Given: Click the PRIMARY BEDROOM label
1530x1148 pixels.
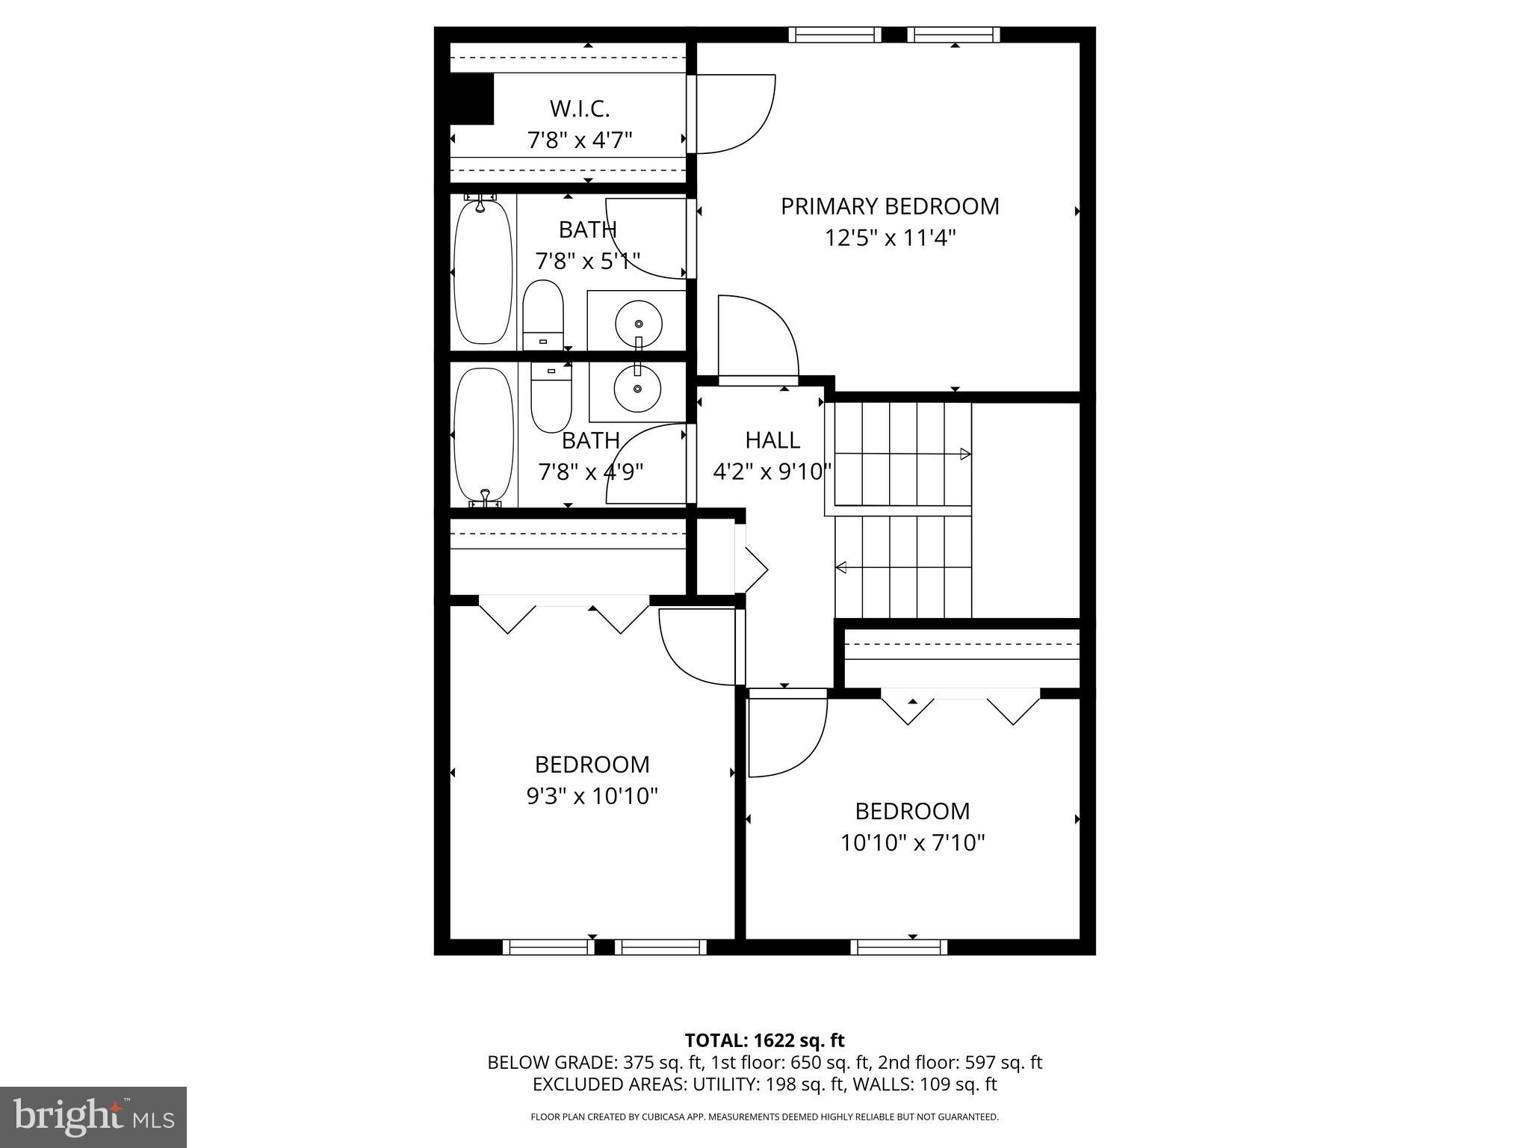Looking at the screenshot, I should tap(890, 206).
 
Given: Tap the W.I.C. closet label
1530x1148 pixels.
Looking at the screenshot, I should tap(580, 109).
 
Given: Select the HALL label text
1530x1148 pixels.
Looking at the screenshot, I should tap(772, 440).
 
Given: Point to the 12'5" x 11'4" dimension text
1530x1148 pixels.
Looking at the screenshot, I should tap(890, 238).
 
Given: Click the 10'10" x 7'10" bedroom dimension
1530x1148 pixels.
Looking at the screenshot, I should tap(912, 843).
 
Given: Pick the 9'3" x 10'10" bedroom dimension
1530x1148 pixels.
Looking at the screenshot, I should tap(592, 797).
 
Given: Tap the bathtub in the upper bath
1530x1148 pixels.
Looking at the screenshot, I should tap(483, 272).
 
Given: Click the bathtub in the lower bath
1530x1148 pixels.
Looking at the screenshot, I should tap(483, 433).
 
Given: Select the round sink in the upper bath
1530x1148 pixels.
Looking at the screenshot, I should tap(638, 324).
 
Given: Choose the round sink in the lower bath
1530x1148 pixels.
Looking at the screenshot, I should tap(637, 388).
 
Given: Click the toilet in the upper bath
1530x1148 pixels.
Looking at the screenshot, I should tap(542, 314).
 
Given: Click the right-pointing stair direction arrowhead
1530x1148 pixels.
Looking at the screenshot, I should tap(965, 454).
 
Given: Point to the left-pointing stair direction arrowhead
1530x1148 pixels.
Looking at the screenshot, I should tap(841, 567).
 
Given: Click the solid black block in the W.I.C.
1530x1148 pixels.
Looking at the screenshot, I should tap(471, 99).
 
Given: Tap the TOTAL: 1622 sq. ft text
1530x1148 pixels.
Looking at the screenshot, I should tap(764, 1040).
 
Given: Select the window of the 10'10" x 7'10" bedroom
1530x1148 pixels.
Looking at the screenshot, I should tap(899, 948).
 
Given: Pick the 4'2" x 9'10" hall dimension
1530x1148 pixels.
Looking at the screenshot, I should tap(772, 472).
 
